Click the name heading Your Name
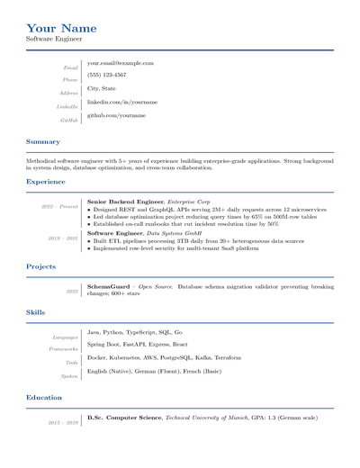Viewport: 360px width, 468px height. [x=61, y=28]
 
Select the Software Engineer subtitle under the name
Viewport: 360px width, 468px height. [x=54, y=40]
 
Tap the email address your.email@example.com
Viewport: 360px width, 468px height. [x=120, y=64]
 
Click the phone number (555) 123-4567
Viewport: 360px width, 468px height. [x=106, y=76]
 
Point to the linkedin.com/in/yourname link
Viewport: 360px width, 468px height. [x=121, y=103]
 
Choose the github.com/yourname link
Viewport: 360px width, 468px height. [x=116, y=115]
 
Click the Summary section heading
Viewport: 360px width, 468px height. [x=43, y=142]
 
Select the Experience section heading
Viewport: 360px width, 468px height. [x=46, y=182]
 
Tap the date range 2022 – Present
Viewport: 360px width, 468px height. [x=59, y=207]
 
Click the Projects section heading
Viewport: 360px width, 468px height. [x=41, y=266]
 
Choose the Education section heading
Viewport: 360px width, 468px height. [x=45, y=398]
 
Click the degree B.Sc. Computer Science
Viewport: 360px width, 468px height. [x=124, y=418]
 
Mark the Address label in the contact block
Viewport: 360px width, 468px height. [x=68, y=94]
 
